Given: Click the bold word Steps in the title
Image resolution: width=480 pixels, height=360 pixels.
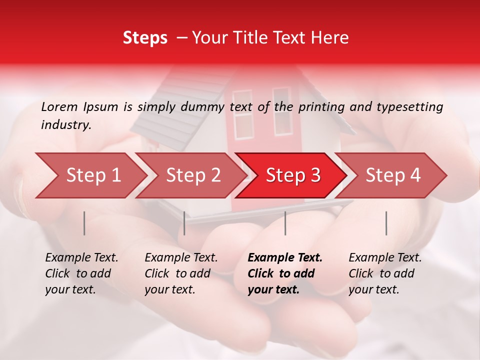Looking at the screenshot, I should pos(145,37).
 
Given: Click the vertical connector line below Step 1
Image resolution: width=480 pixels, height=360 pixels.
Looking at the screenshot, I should pos(84,223).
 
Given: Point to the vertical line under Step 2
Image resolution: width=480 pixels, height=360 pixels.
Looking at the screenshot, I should pos(184,223).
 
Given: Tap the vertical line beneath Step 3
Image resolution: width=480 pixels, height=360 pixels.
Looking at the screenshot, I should pos(285,223).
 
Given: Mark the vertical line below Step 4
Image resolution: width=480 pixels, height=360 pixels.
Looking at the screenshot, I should pos(386,223).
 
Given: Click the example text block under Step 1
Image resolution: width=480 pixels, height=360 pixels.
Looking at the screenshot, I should pos(81,273).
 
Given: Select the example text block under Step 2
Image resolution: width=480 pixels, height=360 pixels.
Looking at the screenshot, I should pos(181,273).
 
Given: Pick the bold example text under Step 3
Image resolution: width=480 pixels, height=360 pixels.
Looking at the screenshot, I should pos(285,273).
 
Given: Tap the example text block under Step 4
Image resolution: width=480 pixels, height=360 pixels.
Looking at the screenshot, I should pos(385,273).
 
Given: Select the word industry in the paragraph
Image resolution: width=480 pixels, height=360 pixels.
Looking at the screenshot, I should pos(66,124).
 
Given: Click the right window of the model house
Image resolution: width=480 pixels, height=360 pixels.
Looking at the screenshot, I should pos(281,111).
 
